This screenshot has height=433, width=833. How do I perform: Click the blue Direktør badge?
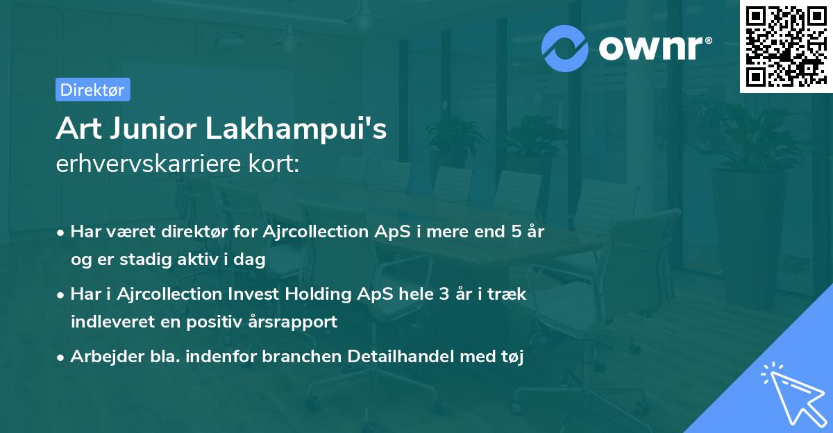coord(93,90)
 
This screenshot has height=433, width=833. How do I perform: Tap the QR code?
coord(786,46)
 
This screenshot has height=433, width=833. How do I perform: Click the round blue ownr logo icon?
coord(565,49)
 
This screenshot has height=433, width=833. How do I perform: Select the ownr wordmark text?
coord(655,48)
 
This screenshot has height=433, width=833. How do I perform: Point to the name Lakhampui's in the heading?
coord(296,129)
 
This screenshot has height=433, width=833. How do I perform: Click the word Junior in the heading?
coord(153,129)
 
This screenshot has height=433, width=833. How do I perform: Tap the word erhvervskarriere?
coord(149,163)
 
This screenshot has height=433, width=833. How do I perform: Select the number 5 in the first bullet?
coord(516,232)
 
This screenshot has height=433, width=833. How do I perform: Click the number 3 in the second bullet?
coord(444,294)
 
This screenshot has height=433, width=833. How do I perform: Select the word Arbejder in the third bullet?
coord(107,357)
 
